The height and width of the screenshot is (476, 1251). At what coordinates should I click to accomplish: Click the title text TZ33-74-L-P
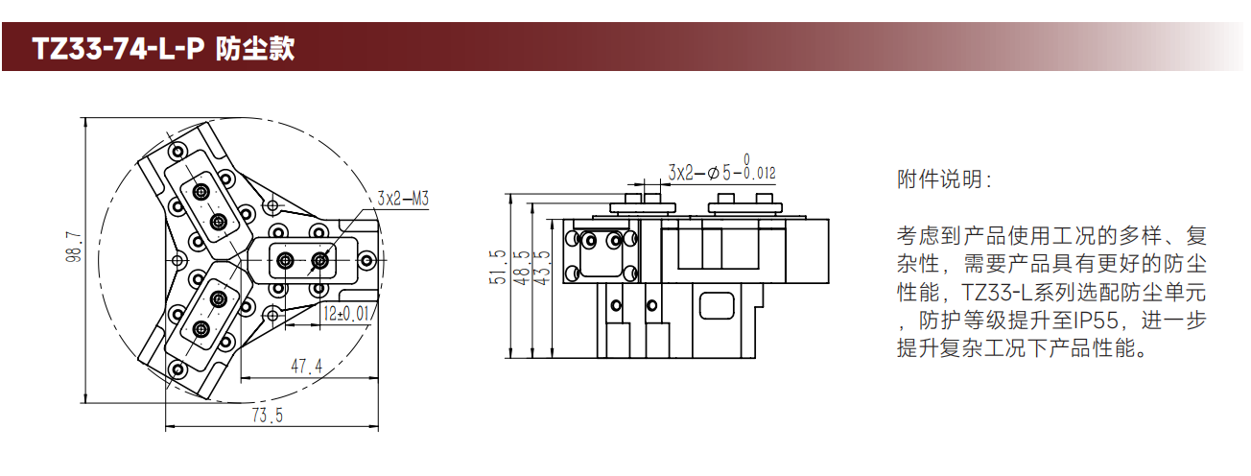[118, 49]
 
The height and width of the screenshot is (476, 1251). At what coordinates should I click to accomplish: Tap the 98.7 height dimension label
[74, 248]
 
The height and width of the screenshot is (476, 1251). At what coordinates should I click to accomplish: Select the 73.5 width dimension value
[268, 416]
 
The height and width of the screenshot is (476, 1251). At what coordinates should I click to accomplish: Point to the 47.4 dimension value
[307, 366]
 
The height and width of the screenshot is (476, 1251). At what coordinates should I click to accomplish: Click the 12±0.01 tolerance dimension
[347, 314]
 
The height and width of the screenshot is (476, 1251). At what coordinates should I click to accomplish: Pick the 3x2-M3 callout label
[403, 199]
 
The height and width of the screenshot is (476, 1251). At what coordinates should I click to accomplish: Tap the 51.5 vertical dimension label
[497, 267]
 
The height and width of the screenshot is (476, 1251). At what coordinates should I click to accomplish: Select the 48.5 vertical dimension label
[521, 268]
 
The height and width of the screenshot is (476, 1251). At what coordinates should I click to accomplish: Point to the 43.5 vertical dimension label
[542, 268]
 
